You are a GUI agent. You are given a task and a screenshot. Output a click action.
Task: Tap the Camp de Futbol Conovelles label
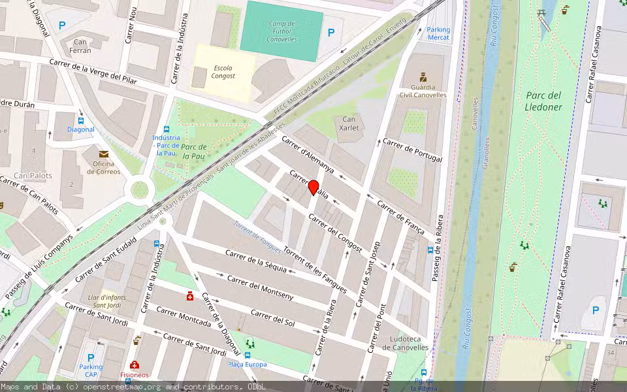[281, 31]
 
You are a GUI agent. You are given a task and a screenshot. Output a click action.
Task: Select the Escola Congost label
[223, 71]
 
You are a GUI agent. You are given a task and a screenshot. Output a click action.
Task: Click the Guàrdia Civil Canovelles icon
[423, 76]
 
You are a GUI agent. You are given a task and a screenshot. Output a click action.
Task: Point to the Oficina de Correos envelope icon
[103, 154]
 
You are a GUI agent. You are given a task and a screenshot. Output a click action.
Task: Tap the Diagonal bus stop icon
[80, 120]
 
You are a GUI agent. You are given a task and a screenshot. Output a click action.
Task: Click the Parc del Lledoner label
[543, 101]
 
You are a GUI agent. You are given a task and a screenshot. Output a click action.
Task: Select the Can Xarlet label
[349, 123]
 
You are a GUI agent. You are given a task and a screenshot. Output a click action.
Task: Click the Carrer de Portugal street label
[412, 150]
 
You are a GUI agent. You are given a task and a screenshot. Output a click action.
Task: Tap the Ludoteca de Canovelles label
[405, 343]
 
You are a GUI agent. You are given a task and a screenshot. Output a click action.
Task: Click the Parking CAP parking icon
[91, 357]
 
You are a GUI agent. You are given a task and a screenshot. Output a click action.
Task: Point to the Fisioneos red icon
[134, 365]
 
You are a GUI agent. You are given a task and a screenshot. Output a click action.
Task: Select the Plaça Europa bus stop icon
[248, 355]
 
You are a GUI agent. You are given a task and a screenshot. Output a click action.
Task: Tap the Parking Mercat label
[438, 33]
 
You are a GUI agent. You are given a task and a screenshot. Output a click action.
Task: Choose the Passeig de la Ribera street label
[437, 248]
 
